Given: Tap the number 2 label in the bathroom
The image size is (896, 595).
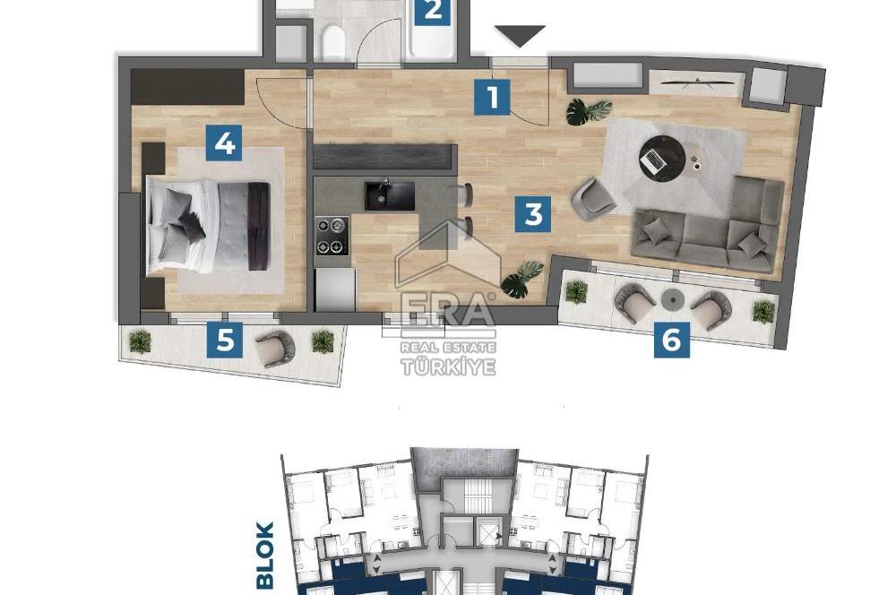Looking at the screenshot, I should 433,11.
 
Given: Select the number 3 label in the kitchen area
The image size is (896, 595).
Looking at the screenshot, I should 533,215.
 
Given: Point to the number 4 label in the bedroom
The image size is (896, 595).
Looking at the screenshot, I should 224,142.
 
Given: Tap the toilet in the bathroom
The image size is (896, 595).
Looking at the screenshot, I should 332,41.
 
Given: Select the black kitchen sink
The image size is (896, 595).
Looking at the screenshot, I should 389,195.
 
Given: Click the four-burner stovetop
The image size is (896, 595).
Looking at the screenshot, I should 332,236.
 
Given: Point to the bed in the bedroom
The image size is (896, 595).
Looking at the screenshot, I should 208,225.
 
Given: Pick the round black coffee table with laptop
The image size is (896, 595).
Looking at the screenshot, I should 661,159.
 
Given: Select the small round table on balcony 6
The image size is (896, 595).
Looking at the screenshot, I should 672,299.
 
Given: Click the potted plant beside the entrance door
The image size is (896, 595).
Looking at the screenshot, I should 588,111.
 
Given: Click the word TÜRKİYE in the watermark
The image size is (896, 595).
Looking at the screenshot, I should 448,366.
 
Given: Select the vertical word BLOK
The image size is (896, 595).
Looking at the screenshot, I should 265,556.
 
